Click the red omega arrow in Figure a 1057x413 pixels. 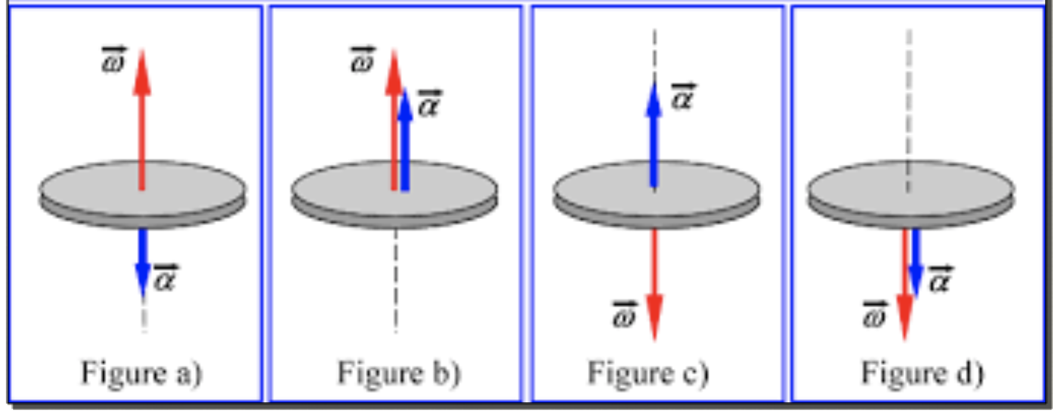[x=141, y=119]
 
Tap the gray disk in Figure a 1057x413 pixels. [x=84, y=191]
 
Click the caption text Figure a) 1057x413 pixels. [x=141, y=374]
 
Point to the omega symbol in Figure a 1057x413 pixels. [x=113, y=60]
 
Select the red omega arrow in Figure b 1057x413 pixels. [x=393, y=119]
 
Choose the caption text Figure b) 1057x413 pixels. [x=398, y=374]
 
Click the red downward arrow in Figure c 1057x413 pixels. [x=655, y=281]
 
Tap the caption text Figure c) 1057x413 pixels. [x=648, y=374]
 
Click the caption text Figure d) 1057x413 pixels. [x=923, y=374]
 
